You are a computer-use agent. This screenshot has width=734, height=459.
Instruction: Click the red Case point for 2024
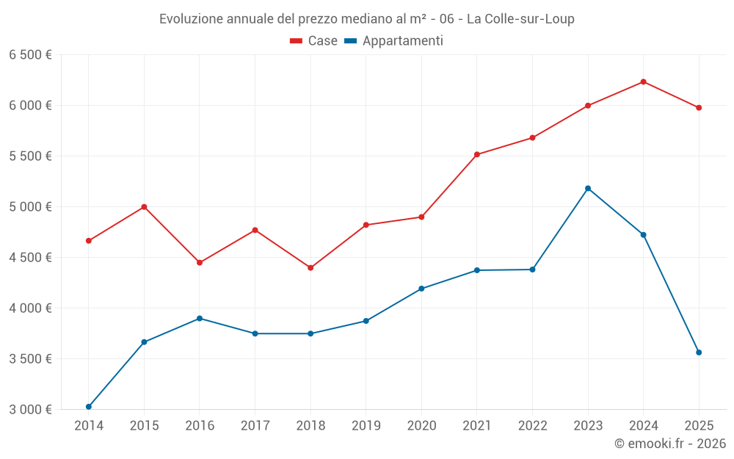coord(644,82)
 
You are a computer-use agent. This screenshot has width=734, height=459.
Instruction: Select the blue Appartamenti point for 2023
coord(588,188)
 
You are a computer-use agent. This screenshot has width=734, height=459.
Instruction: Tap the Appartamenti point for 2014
coord(89,407)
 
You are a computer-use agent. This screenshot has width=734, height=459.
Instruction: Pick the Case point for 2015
coord(144,206)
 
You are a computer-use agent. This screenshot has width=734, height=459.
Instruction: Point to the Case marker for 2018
coord(310,267)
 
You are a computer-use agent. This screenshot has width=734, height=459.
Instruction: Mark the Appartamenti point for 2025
coord(699,353)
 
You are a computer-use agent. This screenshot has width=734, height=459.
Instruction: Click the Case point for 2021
coord(477,154)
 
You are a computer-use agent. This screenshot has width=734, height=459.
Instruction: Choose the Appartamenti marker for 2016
coord(200,318)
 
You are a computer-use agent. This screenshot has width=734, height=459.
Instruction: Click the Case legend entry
coord(314,41)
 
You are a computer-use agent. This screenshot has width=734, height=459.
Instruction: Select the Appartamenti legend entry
coord(394,41)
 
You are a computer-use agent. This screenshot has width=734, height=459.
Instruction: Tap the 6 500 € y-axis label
coord(30,54)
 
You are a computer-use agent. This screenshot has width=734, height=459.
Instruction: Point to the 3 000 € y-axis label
coord(30,409)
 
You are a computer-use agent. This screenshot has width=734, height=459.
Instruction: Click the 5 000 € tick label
coord(30,206)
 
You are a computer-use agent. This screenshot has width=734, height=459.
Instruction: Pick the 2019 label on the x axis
coord(366,425)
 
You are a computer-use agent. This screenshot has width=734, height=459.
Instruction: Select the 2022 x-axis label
coord(532,425)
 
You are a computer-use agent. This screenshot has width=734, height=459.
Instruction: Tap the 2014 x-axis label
coord(89,425)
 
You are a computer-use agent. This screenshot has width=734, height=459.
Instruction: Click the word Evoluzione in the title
coord(190,19)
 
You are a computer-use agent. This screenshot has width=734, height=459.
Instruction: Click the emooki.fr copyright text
coord(669,444)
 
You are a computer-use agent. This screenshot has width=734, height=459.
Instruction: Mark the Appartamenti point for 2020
coord(421,289)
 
